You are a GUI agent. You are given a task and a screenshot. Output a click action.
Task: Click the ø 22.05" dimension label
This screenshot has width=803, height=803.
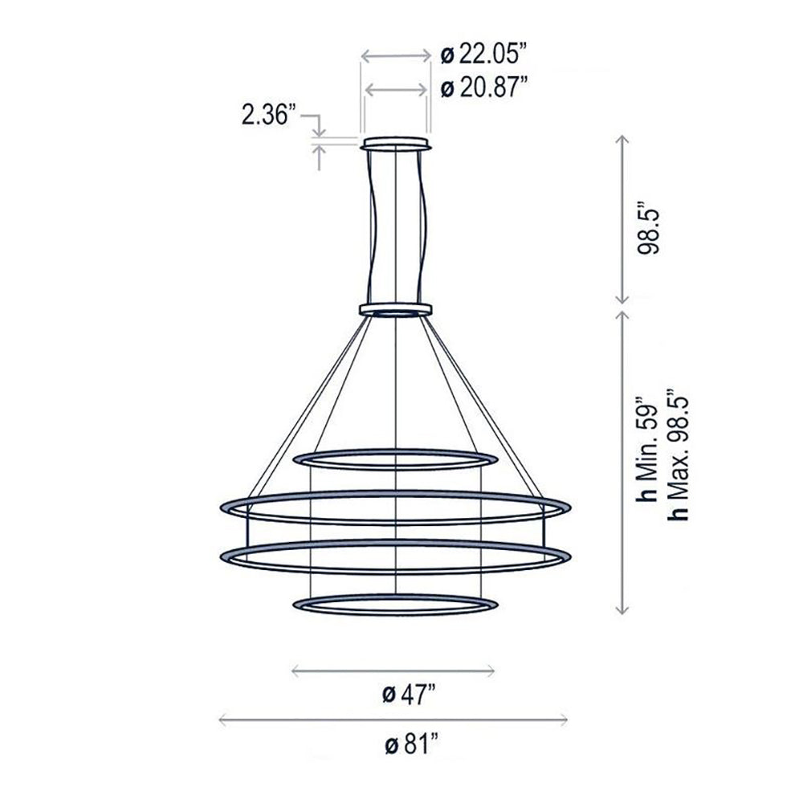click(x=483, y=55)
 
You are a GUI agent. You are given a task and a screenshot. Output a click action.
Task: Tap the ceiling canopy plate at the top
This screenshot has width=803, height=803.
click(x=396, y=145)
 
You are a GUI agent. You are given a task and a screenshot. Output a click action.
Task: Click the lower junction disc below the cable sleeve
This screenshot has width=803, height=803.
click(x=396, y=308)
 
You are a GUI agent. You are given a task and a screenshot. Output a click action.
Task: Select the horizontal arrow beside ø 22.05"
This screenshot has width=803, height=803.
click(x=395, y=56)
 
